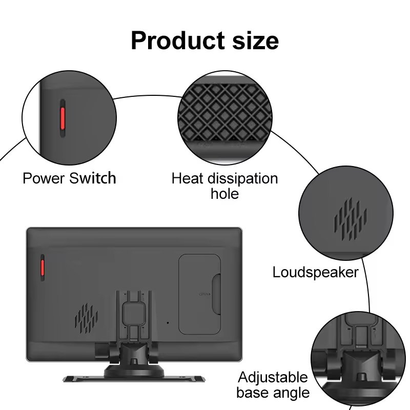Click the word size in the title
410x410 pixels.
click(254, 40)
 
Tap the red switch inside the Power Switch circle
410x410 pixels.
click(61, 118)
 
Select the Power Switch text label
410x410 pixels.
click(69, 178)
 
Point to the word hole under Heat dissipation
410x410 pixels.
click(224, 194)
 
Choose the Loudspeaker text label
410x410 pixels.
click(315, 272)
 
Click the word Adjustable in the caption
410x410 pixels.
click(273, 378)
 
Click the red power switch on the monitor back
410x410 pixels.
click(42, 267)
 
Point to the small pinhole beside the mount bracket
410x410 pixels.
click(167, 323)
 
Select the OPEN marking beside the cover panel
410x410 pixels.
click(203, 294)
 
